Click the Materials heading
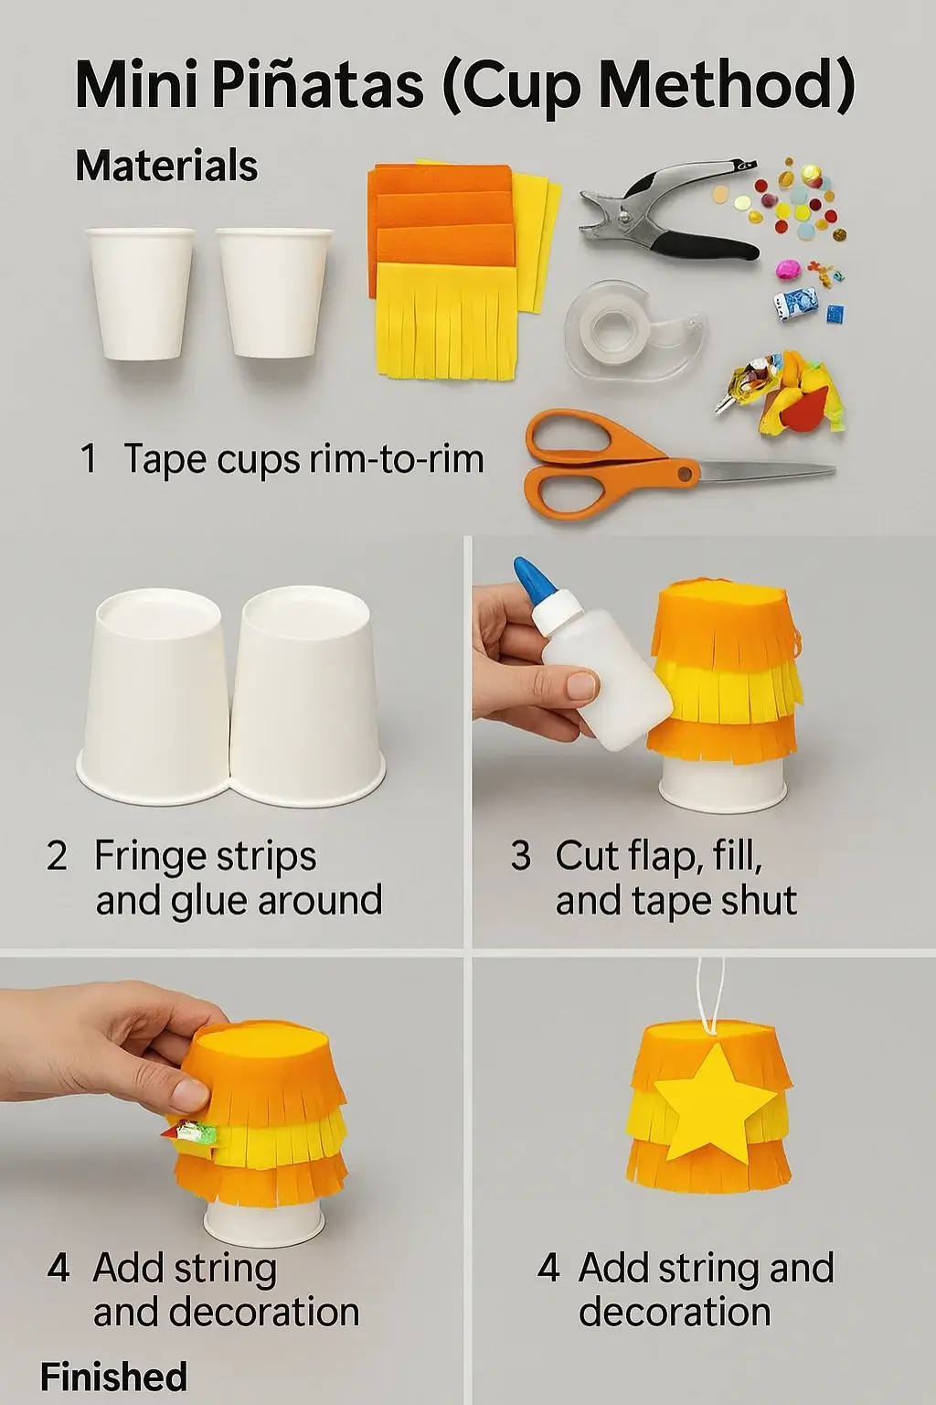pos(166,166)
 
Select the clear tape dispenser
pos(636,329)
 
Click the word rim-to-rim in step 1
pos(397,460)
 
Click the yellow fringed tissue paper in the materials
pos(446,320)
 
